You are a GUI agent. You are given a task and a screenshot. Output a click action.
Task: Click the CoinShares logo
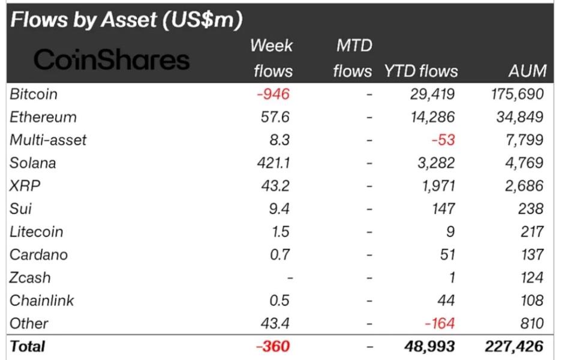click(x=112, y=59)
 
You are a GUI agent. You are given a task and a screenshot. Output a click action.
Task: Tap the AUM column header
click(x=525, y=71)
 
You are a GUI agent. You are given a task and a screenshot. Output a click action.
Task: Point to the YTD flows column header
click(x=421, y=71)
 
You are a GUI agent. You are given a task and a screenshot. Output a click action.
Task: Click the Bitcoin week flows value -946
click(x=273, y=94)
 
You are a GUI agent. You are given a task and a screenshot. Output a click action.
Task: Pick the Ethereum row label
click(x=43, y=117)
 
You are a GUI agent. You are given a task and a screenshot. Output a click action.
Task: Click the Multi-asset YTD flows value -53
click(x=443, y=140)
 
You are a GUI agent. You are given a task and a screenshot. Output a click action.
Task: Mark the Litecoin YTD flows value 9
click(x=450, y=232)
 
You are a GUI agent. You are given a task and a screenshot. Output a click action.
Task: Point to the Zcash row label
click(x=30, y=278)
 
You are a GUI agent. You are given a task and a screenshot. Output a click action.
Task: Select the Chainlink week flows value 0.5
click(x=281, y=301)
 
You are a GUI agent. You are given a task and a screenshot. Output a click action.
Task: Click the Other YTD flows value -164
click(x=439, y=323)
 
